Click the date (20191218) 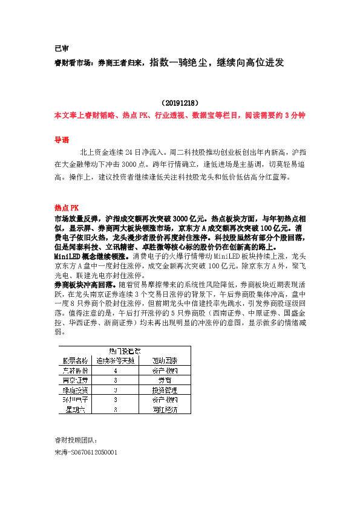180,103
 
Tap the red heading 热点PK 67,207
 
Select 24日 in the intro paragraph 131,152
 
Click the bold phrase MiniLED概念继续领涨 88,256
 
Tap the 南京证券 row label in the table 76,380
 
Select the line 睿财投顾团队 76,440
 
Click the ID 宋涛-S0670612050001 85,452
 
